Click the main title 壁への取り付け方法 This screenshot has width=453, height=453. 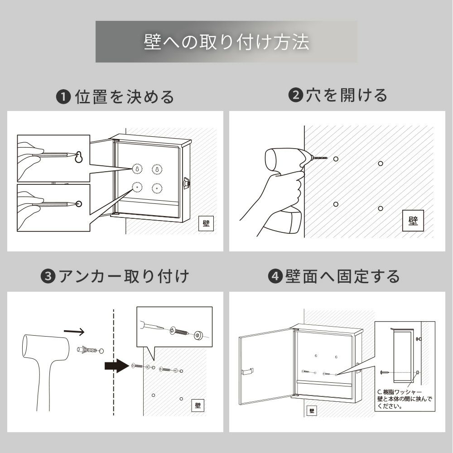pyautogui.click(x=226, y=42)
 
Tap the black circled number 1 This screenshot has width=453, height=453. pyautogui.click(x=63, y=97)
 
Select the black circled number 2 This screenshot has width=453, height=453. pyautogui.click(x=295, y=95)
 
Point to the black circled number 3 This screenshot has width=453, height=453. pyautogui.click(x=48, y=276)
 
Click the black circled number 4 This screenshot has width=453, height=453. pyautogui.click(x=275, y=276)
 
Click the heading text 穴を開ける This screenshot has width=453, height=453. pyautogui.click(x=347, y=95)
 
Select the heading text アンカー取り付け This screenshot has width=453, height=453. pyautogui.click(x=124, y=276)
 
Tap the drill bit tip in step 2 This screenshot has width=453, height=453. pyautogui.click(x=328, y=158)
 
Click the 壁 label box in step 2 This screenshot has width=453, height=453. pyautogui.click(x=413, y=221)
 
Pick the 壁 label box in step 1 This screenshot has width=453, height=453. pyautogui.click(x=206, y=223)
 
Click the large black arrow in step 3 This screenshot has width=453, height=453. pyautogui.click(x=117, y=366)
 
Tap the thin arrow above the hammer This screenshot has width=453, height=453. pyautogui.click(x=74, y=332)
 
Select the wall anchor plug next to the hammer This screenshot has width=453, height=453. pyautogui.click(x=87, y=350)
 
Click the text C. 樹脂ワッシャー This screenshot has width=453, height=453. pyautogui.click(x=399, y=392)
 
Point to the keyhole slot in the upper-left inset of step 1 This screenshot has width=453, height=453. pyautogui.click(x=78, y=157)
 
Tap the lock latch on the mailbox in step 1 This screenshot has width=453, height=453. pyautogui.click(x=186, y=183)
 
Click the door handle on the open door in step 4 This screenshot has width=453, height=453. pyautogui.click(x=248, y=371)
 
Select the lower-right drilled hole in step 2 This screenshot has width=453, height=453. pyautogui.click(x=381, y=208)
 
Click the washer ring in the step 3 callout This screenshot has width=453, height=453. pyautogui.click(x=198, y=335)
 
